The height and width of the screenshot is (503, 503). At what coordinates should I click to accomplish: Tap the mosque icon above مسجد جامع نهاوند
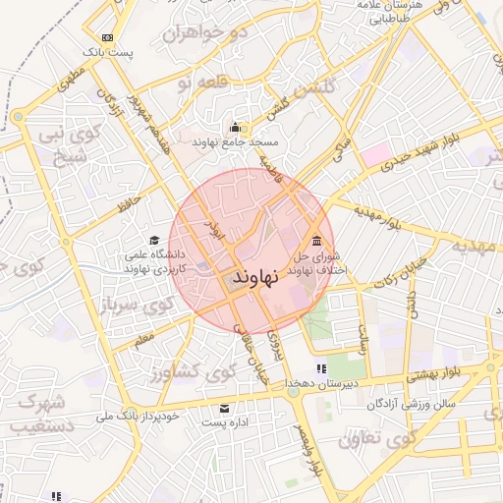235,127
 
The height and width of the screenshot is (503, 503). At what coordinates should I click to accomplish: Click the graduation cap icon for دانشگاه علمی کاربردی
154,241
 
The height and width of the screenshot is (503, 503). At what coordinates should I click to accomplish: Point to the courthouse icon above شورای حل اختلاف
315,242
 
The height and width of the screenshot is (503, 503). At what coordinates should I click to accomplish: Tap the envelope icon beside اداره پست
226,408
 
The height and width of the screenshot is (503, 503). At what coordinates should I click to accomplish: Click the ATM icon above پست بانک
106,38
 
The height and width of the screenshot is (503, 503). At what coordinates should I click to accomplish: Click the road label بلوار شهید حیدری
418,148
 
